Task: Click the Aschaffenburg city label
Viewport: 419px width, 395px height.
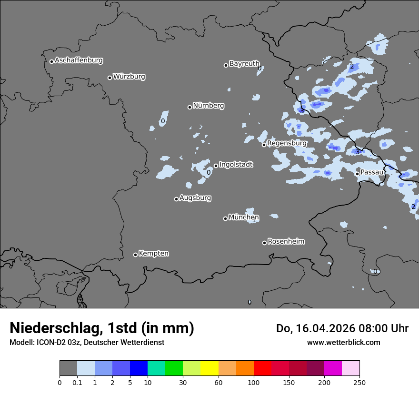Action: click(79, 60)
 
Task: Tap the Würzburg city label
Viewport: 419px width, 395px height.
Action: click(129, 77)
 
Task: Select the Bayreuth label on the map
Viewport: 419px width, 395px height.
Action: click(244, 64)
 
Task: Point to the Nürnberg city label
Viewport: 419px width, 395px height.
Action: click(208, 106)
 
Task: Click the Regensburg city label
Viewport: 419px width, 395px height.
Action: click(287, 143)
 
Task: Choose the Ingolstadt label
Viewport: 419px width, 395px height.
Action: click(236, 165)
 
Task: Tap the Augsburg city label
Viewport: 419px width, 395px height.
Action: click(195, 198)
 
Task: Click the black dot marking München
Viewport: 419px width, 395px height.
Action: click(226, 218)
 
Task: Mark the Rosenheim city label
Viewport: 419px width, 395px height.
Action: click(286, 242)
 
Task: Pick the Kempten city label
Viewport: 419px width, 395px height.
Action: click(153, 254)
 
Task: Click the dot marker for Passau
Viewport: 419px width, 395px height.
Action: click(357, 174)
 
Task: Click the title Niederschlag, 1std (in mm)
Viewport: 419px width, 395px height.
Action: click(102, 328)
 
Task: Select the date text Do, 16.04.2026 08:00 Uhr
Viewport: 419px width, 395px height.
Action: click(342, 328)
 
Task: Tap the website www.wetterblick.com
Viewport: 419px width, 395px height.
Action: click(343, 342)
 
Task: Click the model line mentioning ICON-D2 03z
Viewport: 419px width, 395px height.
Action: click(87, 342)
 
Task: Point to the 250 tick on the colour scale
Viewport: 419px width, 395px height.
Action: click(359, 382)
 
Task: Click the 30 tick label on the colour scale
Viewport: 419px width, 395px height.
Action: click(183, 382)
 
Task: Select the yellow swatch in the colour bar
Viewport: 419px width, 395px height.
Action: click(209, 368)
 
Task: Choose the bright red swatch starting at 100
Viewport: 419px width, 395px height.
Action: click(262, 368)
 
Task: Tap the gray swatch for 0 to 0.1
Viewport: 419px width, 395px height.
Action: click(68, 368)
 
